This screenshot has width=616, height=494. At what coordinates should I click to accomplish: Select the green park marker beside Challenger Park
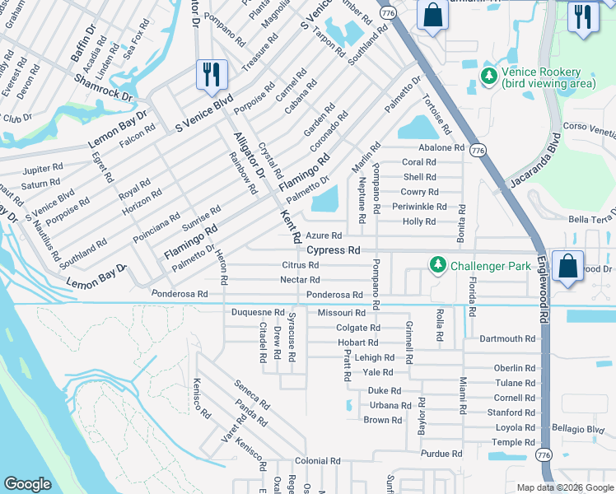436,264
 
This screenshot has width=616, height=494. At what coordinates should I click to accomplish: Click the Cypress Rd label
334,249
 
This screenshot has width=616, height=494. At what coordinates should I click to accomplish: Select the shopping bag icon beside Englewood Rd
567,265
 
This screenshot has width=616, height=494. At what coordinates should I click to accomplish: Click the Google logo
27,484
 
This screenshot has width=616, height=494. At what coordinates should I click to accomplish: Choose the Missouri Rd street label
341,313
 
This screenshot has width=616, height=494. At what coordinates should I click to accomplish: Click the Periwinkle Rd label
419,207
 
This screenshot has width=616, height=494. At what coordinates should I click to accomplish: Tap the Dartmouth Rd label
507,338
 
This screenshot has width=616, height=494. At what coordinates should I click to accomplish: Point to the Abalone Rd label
441,147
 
